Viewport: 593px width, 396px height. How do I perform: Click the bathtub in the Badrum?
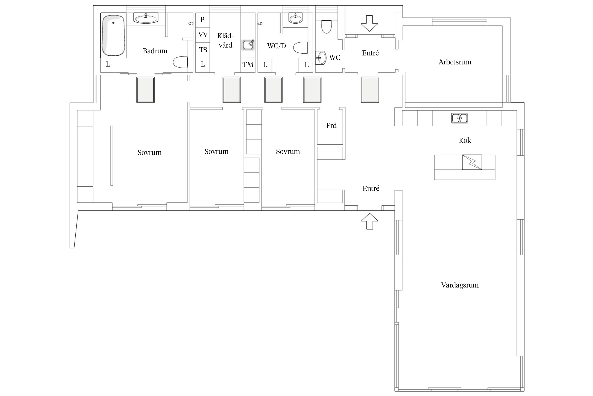(x=113, y=35)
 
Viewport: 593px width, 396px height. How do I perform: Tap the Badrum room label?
(x=155, y=51)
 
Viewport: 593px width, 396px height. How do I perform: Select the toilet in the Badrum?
(x=180, y=62)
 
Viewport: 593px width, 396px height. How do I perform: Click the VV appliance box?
(x=203, y=35)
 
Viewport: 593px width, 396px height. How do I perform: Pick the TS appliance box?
(x=203, y=50)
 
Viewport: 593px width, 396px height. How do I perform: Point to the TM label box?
(x=248, y=65)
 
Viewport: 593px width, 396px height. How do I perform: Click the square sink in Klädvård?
(x=248, y=45)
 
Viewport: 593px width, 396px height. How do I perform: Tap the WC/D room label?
(x=276, y=46)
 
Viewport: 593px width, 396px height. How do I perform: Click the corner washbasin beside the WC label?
(x=321, y=57)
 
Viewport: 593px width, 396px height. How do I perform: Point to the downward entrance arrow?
(x=369, y=23)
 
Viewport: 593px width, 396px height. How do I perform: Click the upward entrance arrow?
(x=370, y=221)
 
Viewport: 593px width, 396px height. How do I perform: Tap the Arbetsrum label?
(x=455, y=62)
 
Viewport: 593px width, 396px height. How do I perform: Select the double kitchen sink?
(x=459, y=118)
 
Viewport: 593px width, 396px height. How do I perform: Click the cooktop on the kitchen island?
(x=472, y=162)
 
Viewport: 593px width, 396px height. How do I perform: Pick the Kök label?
(x=465, y=140)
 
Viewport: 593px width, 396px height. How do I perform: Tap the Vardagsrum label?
(x=460, y=285)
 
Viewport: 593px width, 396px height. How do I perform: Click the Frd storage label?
(x=331, y=126)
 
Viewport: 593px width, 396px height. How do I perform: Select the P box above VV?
(x=203, y=20)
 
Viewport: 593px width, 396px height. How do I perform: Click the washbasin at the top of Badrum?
(x=146, y=18)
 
